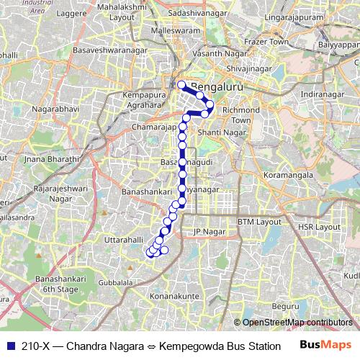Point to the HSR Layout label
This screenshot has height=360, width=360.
(x=318, y=226)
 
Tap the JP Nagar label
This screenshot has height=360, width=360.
(x=206, y=231)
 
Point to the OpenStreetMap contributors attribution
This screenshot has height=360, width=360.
(x=297, y=322)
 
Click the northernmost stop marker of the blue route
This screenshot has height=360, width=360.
(x=181, y=85)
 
